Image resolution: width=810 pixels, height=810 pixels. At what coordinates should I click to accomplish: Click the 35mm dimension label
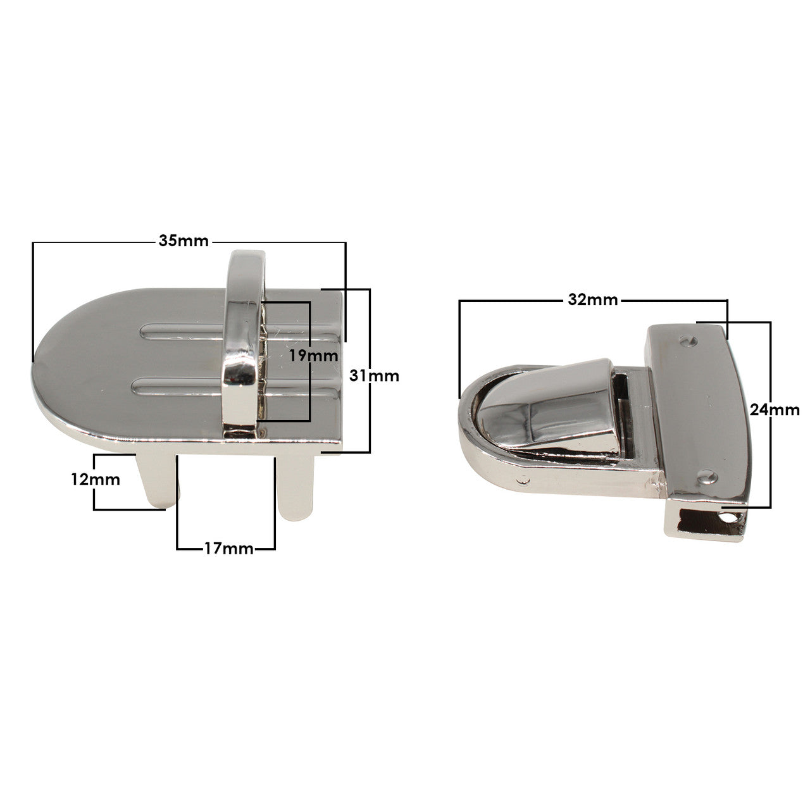point(184,241)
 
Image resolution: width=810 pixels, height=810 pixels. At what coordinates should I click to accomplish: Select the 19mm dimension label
point(313,355)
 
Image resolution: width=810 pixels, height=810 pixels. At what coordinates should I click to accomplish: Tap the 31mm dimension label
point(375,375)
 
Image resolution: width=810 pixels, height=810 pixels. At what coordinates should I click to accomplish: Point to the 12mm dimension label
point(96,479)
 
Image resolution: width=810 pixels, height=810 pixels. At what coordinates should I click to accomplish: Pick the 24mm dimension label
point(775,409)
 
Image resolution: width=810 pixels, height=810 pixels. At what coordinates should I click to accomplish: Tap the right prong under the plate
point(296,487)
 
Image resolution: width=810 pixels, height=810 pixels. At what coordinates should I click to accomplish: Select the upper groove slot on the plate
point(184,331)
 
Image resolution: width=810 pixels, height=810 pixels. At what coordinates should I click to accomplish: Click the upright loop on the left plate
point(244,342)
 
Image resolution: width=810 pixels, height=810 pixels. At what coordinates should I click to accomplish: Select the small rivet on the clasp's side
point(523,480)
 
